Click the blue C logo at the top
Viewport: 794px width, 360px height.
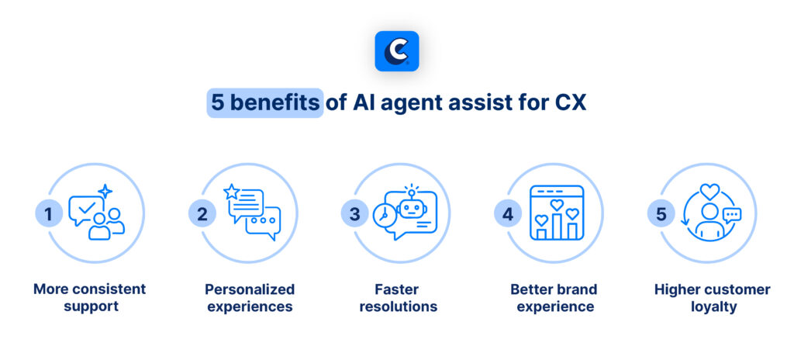(x=396, y=51)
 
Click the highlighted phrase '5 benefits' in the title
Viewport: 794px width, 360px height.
(x=264, y=103)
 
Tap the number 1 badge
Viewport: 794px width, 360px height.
(x=49, y=213)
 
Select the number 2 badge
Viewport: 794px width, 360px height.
(x=202, y=213)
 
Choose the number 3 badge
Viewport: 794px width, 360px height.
(x=354, y=213)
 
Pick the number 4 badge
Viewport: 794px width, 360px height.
(x=508, y=213)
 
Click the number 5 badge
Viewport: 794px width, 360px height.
(x=661, y=213)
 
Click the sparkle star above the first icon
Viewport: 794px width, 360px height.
(x=105, y=191)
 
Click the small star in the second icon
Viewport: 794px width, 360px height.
(x=230, y=191)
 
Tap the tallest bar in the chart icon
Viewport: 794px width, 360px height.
(x=557, y=225)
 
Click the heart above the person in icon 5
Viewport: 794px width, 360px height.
(x=709, y=189)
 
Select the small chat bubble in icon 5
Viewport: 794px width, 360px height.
(x=731, y=215)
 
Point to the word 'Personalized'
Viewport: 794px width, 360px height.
(x=250, y=289)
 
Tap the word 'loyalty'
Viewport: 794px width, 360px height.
(x=712, y=306)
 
